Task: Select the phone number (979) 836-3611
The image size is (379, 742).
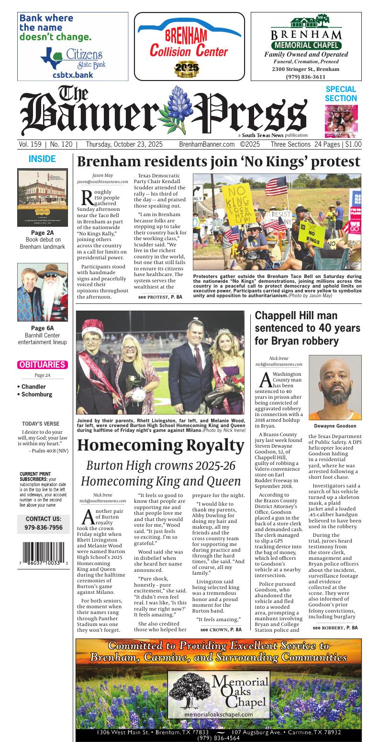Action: click(x=306, y=77)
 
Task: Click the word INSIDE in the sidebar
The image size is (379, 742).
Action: click(x=42, y=159)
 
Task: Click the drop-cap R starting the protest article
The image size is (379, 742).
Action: click(x=87, y=197)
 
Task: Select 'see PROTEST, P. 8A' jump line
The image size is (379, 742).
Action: click(x=160, y=297)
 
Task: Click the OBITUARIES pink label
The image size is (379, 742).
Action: click(x=42, y=365)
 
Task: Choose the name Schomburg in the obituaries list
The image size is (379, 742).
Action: click(x=37, y=394)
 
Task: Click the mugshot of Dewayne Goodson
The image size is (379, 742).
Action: click(x=335, y=387)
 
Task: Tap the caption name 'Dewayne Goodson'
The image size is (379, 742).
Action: click(x=335, y=426)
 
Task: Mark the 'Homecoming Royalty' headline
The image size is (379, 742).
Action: click(x=161, y=445)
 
